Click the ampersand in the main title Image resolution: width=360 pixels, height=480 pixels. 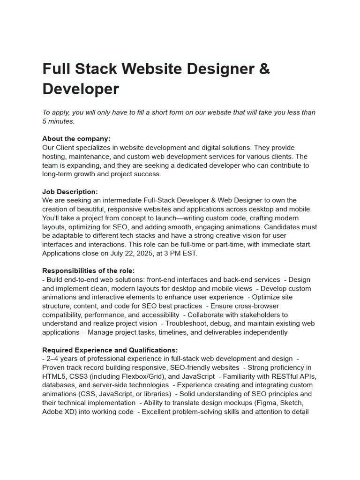pyautogui.click(x=264, y=69)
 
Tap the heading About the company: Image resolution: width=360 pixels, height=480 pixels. pyautogui.click(x=76, y=139)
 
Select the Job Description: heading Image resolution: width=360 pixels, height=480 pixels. pyautogui.click(x=70, y=192)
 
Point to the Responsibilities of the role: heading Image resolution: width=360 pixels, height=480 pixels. pyautogui.click(x=88, y=270)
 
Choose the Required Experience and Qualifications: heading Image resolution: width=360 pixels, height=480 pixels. pyautogui.click(x=110, y=350)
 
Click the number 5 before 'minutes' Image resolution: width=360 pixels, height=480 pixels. pyautogui.click(x=45, y=121)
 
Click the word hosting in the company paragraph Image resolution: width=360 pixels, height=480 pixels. pyautogui.click(x=55, y=157)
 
